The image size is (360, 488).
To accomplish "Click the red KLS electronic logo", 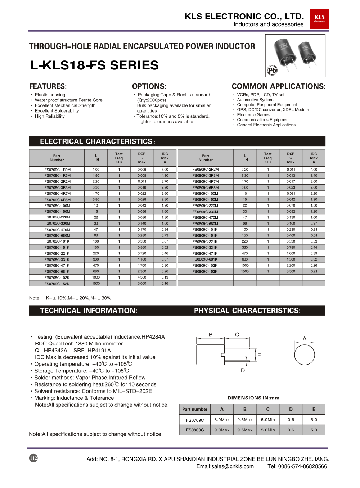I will (x=319, y=19).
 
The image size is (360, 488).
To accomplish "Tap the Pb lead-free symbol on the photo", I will (x=272, y=70).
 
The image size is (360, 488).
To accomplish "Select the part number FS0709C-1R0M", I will (x=57, y=170).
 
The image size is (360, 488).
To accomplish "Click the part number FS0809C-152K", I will (x=205, y=271).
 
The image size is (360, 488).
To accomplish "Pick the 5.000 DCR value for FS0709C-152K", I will (x=142, y=284).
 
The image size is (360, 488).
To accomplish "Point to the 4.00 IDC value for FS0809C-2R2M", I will (x=314, y=169).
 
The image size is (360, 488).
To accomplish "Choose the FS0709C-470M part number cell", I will (x=57, y=230).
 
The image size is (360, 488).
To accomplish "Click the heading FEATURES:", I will (x=48, y=86).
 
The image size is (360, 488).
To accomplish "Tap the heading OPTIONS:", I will (x=149, y=86).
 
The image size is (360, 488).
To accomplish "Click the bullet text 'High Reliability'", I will (x=50, y=116).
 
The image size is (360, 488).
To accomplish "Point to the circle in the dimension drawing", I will (x=305, y=354).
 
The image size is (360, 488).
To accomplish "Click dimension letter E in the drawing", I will (x=259, y=355).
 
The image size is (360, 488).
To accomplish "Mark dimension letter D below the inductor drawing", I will (x=243, y=370).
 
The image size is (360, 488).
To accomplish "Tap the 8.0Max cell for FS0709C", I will (x=222, y=420).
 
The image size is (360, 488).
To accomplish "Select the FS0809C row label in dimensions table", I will (x=195, y=430).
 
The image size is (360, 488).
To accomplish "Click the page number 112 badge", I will (x=33, y=458).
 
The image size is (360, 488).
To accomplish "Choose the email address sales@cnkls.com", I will (x=225, y=466).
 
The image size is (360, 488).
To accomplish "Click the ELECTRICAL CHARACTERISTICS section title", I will (x=96, y=141).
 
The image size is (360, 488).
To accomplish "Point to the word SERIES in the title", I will (x=134, y=65).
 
